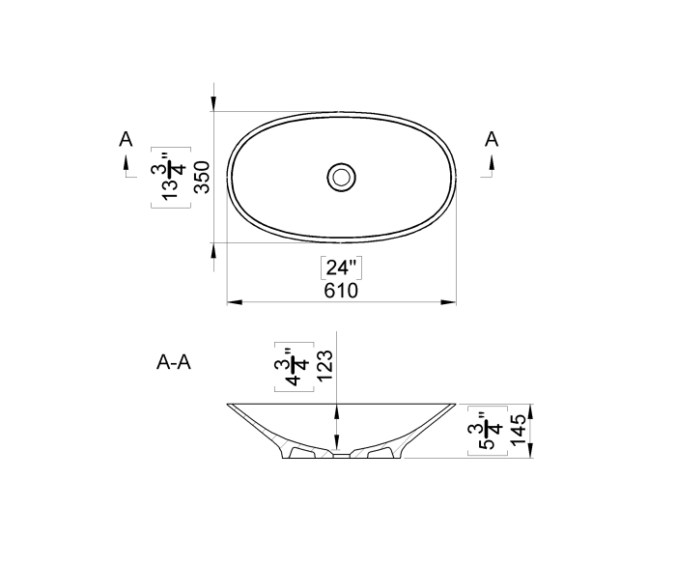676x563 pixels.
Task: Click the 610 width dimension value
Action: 341,291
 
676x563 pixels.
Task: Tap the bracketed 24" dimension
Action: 342,267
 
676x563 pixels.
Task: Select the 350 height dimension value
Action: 202,177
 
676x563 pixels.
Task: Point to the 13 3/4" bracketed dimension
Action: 171,177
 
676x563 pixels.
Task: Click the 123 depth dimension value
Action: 324,365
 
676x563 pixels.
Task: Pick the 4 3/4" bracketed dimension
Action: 294,367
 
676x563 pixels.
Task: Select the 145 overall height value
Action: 519,430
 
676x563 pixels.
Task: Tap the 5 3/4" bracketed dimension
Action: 488,431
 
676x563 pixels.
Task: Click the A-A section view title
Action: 173,362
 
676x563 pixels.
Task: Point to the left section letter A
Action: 126,139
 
